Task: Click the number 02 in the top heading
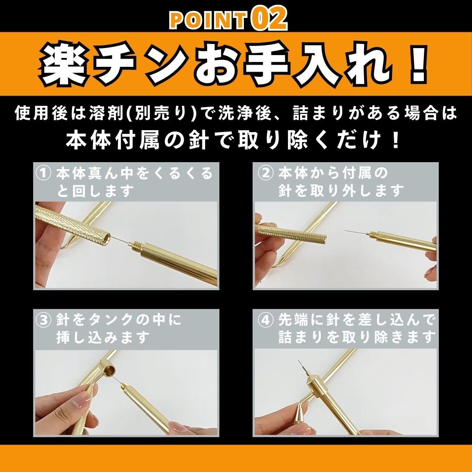[269, 19]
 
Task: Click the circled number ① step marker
[43, 173]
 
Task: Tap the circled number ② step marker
[266, 173]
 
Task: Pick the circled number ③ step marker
[43, 320]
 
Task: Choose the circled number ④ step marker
[266, 320]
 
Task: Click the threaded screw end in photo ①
[136, 246]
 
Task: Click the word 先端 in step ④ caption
[293, 320]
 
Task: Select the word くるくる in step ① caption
[182, 173]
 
